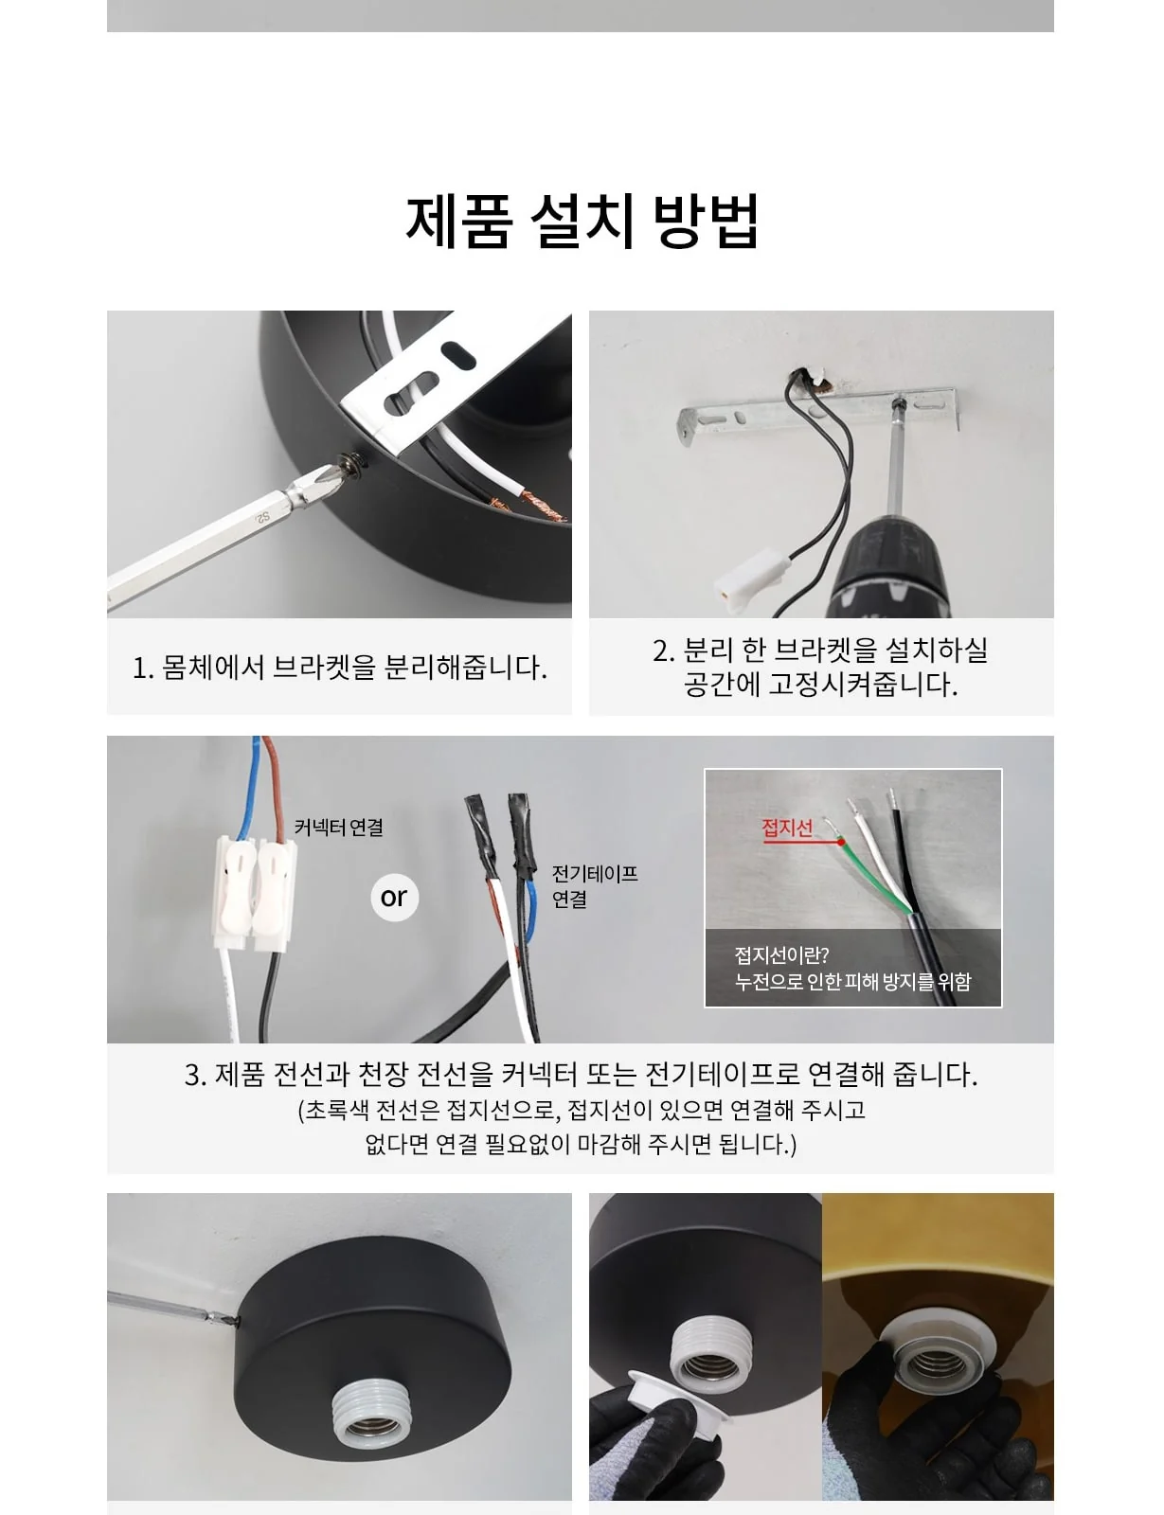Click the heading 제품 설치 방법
click(582, 222)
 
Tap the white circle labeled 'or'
click(394, 898)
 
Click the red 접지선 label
click(787, 828)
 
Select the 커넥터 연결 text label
click(338, 828)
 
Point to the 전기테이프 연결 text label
click(594, 886)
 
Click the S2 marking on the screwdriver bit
click(262, 517)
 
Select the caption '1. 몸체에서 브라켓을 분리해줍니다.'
click(340, 668)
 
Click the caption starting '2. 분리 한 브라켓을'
click(821, 668)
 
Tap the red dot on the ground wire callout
click(841, 842)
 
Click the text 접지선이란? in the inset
click(781, 954)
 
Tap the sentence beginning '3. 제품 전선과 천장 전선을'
click(581, 1075)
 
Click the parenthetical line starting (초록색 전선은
click(581, 1109)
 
